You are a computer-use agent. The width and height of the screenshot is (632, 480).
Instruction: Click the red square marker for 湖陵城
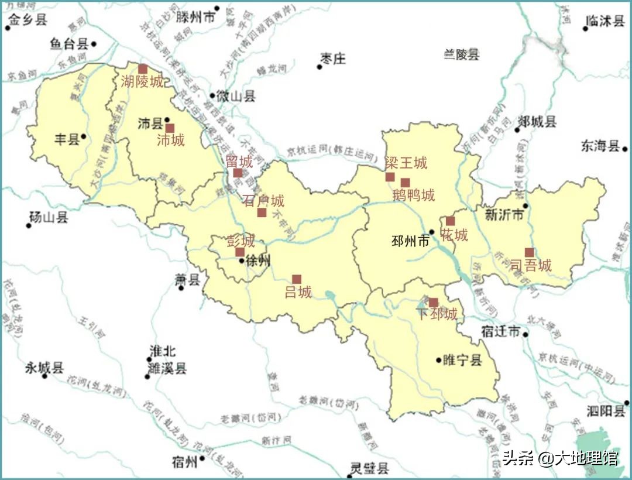click(143, 69)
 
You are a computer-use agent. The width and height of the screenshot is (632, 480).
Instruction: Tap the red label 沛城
click(171, 140)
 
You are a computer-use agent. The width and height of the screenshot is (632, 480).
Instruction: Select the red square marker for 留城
click(238, 173)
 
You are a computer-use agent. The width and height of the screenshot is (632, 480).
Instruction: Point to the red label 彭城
click(241, 241)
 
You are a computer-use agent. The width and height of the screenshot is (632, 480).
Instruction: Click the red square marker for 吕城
click(297, 279)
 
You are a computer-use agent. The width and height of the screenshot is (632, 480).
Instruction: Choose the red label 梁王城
click(406, 163)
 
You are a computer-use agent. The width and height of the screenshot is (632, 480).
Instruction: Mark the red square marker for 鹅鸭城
click(405, 183)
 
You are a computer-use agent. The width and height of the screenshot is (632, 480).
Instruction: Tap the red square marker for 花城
click(450, 221)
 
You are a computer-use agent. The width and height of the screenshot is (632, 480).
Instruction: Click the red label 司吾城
click(531, 266)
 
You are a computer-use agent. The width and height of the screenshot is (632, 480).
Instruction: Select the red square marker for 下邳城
click(433, 302)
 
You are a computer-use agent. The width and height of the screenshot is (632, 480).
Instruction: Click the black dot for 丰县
click(84, 137)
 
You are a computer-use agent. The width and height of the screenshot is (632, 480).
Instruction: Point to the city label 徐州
click(258, 261)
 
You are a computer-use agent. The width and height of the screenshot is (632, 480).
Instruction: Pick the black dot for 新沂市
click(525, 205)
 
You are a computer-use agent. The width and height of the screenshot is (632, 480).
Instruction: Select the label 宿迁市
click(500, 332)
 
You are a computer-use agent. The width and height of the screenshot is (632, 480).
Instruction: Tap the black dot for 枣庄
click(320, 67)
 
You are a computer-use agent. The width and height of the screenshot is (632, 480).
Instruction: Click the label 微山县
click(236, 96)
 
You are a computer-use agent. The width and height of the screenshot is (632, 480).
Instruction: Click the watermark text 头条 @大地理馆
click(560, 457)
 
